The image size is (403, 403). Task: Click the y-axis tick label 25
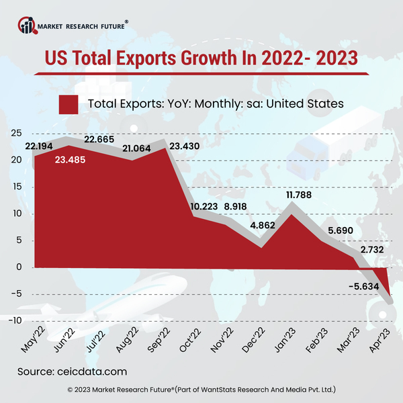pos(16,133)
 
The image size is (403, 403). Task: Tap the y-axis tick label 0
pos(20,267)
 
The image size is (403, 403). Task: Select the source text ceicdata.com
pos(91,371)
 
